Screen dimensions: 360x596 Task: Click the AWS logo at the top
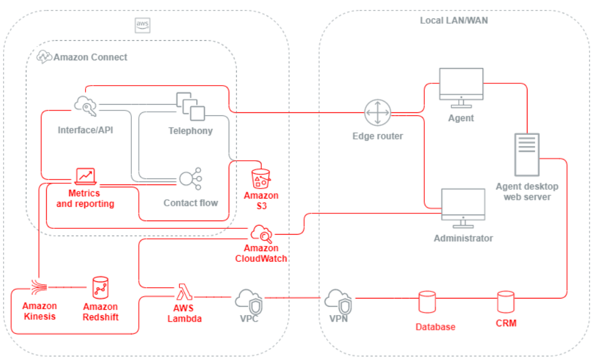pos(142,24)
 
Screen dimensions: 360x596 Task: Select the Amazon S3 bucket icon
pos(260,178)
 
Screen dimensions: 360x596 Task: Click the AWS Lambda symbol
pos(183,293)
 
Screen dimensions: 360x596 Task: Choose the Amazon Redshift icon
pos(100,288)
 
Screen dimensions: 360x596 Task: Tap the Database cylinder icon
pos(427,302)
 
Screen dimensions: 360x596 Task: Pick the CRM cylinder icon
pos(506,302)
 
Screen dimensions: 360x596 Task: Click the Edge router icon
pos(377,113)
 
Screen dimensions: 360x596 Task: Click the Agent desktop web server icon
pos(526,154)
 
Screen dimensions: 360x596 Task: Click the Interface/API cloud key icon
pos(86,106)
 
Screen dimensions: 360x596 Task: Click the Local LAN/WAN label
pos(454,20)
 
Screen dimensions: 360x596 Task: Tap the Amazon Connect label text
pos(90,57)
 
